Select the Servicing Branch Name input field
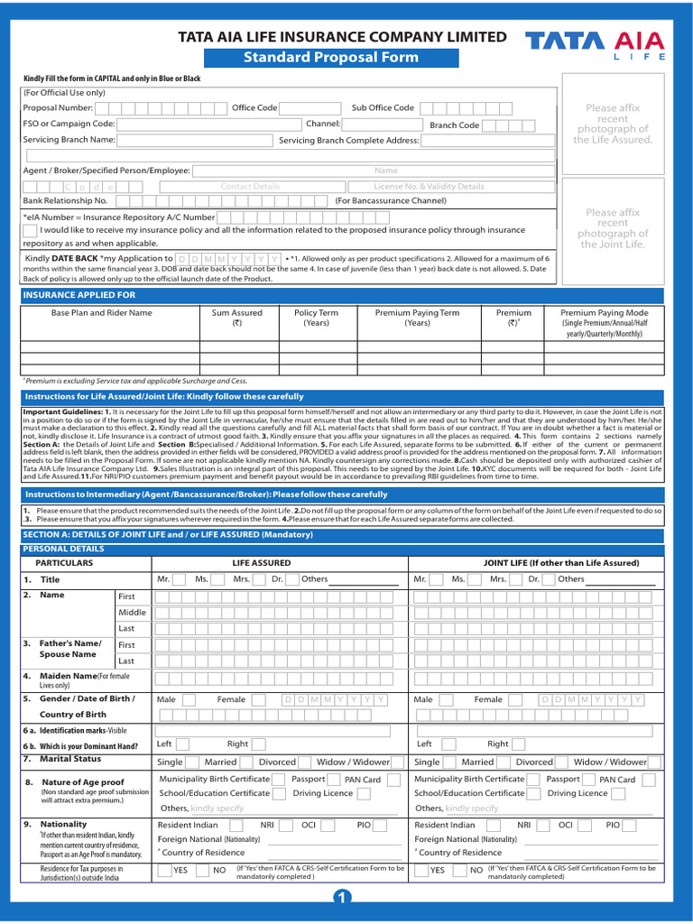[195, 140]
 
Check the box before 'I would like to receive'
[30, 231]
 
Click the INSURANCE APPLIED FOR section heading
[80, 295]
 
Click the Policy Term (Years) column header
[316, 318]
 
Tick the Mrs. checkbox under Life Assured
[262, 579]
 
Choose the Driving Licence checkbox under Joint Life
[619, 794]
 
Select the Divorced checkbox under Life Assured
[306, 762]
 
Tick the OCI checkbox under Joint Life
[586, 826]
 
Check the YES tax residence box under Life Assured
[165, 871]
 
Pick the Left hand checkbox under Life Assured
[184, 744]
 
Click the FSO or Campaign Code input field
[208, 124]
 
